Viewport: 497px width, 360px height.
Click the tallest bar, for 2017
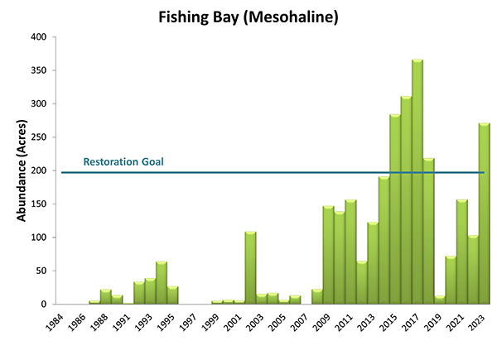pyautogui.click(x=417, y=182)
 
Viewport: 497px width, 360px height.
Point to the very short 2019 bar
pyautogui.click(x=440, y=300)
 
